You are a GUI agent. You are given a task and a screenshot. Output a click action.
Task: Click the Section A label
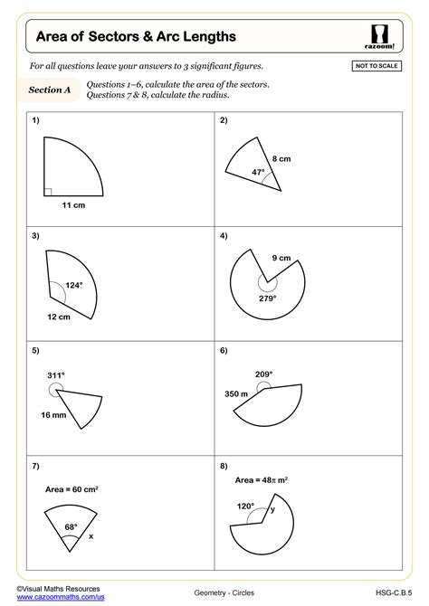point(50,90)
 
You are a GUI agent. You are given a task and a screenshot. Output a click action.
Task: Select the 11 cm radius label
point(73,206)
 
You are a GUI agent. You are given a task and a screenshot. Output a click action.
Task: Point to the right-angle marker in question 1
point(48,191)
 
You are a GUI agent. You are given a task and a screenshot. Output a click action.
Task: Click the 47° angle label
point(258,172)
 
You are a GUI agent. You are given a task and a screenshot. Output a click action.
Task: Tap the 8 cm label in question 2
point(281,159)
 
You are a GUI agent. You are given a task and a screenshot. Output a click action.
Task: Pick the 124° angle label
point(74,286)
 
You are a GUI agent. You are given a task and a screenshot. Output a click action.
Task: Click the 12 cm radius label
point(58,317)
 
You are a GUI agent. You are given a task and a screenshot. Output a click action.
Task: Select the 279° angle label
point(267,298)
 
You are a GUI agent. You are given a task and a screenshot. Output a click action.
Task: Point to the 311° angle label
point(56,374)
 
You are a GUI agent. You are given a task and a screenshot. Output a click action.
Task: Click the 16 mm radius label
point(52,414)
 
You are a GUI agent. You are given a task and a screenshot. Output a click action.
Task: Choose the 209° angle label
point(264,374)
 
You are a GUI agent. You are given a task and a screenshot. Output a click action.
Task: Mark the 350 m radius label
point(238,394)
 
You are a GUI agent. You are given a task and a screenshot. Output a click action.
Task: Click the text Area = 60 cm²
point(71,489)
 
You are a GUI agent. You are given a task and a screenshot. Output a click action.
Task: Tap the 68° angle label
point(71,526)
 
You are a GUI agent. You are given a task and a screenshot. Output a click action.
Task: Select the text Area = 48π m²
point(262,479)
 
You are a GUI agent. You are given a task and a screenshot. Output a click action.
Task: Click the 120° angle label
point(245,507)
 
